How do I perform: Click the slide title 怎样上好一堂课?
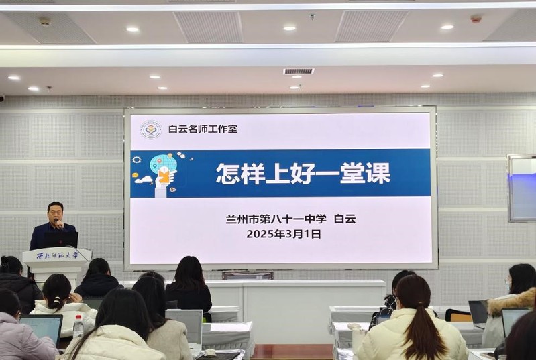click(x=303, y=174)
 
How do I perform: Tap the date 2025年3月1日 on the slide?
click(x=284, y=234)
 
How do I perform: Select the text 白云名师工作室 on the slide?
click(x=203, y=129)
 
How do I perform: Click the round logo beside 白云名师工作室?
click(x=151, y=130)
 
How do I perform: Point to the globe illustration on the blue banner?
click(x=162, y=164)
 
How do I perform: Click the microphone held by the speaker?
click(x=58, y=223)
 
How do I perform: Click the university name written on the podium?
click(x=58, y=255)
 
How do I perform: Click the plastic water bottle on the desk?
click(x=78, y=326)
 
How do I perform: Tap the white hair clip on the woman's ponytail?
click(x=57, y=300)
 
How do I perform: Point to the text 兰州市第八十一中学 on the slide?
click(x=276, y=219)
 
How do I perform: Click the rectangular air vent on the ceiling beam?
click(x=299, y=71)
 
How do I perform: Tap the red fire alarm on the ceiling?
click(x=476, y=19)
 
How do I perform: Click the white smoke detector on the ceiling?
click(x=45, y=21)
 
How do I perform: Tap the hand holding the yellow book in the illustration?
click(x=164, y=177)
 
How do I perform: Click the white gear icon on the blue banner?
click(x=137, y=160)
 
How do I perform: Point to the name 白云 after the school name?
click(x=345, y=219)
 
